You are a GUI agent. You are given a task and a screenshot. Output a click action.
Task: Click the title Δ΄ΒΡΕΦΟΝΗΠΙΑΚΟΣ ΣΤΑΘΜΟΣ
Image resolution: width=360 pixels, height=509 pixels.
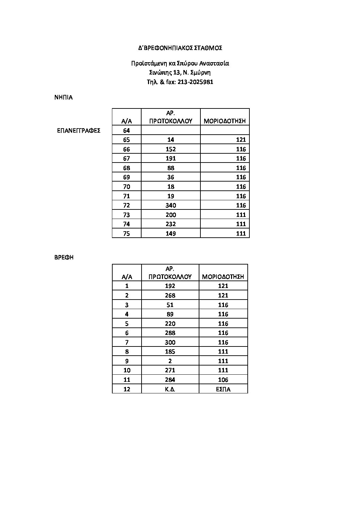click(180, 48)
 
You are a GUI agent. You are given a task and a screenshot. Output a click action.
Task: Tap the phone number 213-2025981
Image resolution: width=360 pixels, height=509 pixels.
click(195, 82)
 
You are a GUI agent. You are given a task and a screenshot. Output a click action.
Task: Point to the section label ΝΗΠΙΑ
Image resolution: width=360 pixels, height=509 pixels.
click(63, 97)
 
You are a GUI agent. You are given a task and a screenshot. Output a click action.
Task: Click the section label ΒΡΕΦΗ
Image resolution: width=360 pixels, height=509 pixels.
click(64, 257)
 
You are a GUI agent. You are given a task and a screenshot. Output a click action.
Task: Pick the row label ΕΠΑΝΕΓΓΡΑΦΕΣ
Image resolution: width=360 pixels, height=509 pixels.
click(79, 131)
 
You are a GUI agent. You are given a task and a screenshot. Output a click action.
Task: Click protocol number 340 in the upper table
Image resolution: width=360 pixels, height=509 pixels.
click(170, 205)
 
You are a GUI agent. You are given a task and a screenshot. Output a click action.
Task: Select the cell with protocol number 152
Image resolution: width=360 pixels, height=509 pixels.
click(170, 149)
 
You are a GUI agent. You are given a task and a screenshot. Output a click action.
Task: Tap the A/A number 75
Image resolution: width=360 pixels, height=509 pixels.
click(126, 234)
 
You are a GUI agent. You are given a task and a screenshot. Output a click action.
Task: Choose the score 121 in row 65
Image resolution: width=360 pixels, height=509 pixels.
click(241, 140)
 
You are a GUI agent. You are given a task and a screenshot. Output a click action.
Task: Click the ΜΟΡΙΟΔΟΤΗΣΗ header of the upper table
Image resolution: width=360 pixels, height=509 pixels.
click(225, 121)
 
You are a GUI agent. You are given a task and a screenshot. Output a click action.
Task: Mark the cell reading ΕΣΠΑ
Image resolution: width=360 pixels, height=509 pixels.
click(223, 389)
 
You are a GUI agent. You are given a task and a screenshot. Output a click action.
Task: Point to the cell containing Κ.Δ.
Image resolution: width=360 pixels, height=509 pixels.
click(170, 389)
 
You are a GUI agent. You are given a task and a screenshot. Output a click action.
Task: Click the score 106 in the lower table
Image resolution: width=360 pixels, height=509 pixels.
click(223, 380)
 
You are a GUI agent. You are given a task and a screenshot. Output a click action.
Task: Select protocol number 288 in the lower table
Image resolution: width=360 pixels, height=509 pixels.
click(170, 333)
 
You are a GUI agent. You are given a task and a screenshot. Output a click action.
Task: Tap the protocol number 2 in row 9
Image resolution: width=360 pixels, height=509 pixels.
click(170, 361)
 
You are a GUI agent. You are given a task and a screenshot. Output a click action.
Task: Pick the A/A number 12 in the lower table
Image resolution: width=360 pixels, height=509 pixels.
click(127, 389)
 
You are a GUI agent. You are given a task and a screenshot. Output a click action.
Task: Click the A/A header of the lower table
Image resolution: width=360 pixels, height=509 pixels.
click(127, 277)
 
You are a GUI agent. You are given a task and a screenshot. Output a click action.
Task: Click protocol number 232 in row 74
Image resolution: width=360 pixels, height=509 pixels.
click(170, 224)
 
